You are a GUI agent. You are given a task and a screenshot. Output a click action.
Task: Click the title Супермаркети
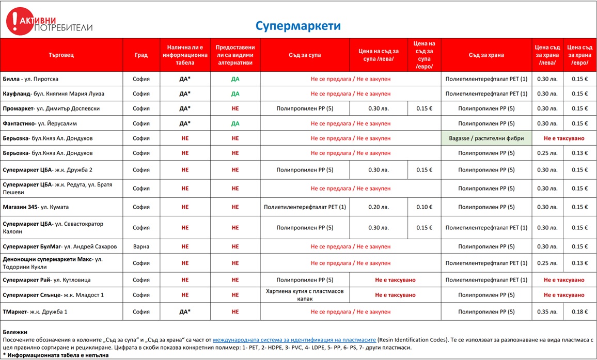(298, 26)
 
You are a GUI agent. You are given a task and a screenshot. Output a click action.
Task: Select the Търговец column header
(61, 55)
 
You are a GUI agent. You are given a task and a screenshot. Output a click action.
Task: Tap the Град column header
(141, 55)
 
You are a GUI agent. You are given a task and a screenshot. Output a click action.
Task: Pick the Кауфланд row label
(54, 94)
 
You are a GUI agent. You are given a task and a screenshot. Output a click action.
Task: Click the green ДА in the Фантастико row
(235, 124)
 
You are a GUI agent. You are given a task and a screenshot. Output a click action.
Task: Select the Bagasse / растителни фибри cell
(486, 138)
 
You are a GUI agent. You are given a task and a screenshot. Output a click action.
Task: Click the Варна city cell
(141, 247)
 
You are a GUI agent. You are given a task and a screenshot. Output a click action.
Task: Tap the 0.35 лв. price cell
(547, 312)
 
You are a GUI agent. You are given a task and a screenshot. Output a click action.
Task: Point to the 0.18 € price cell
(579, 312)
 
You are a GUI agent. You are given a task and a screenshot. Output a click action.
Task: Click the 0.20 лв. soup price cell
(379, 207)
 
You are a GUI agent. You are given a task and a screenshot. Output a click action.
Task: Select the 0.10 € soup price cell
(424, 207)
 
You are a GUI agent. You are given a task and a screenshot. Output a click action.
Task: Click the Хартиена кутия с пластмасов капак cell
(305, 295)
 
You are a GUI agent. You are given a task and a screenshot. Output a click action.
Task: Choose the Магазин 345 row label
(36, 207)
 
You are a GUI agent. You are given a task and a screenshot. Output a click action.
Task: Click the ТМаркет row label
(35, 312)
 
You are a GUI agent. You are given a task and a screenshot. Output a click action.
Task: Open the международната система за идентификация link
(294, 340)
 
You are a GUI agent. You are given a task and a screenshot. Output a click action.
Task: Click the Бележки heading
(15, 332)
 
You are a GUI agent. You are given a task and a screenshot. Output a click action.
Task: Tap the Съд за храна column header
(486, 55)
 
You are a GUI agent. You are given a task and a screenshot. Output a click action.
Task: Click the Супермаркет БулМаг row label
(60, 247)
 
